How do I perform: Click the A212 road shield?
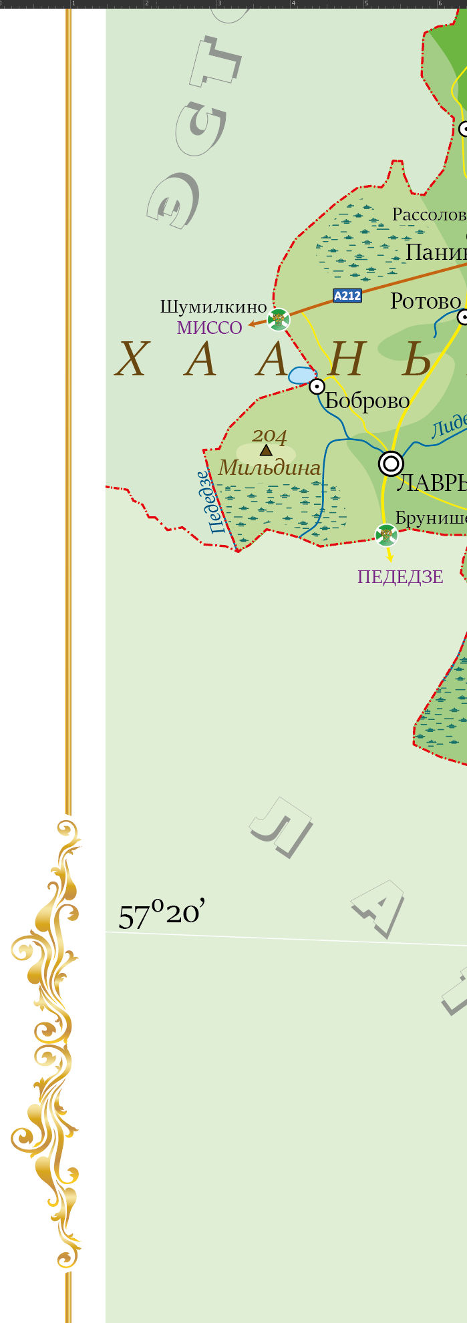[347, 295]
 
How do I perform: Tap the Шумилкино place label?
[213, 307]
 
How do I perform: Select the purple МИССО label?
[209, 328]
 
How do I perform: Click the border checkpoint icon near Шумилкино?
[279, 319]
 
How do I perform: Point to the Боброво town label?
[367, 401]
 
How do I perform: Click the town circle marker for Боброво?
[317, 386]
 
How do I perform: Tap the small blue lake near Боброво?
[301, 375]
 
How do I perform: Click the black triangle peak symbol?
[266, 451]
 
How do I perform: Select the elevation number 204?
[269, 436]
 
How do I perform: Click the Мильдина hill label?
[269, 468]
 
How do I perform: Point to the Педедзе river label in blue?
[208, 502]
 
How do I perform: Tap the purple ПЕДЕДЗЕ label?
[400, 577]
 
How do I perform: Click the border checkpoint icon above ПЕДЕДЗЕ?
[386, 535]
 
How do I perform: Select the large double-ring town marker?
[391, 463]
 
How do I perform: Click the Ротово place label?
[425, 301]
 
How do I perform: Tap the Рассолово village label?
[428, 214]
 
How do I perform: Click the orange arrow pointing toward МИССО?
[255, 325]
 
